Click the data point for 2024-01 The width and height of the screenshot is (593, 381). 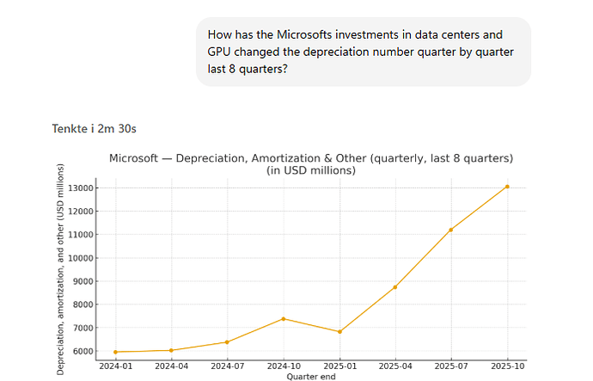pyautogui.click(x=115, y=352)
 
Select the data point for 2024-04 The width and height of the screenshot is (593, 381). pyautogui.click(x=171, y=350)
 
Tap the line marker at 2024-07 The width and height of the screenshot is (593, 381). pyautogui.click(x=227, y=342)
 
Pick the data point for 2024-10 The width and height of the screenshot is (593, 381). pyautogui.click(x=284, y=319)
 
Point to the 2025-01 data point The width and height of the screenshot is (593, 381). pyautogui.click(x=339, y=332)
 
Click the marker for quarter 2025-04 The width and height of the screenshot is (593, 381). pyautogui.click(x=395, y=287)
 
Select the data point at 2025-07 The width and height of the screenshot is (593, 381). pyautogui.click(x=451, y=230)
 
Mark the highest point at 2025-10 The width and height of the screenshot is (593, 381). pyautogui.click(x=507, y=187)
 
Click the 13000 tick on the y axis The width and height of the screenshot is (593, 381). pyautogui.click(x=83, y=187)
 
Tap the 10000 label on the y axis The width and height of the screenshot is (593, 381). pyautogui.click(x=83, y=258)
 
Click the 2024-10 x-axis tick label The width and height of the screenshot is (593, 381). pyautogui.click(x=284, y=366)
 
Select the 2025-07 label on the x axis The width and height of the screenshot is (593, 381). pyautogui.click(x=451, y=366)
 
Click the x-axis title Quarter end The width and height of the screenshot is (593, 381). pyautogui.click(x=310, y=376)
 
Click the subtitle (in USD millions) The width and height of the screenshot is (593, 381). pyautogui.click(x=310, y=170)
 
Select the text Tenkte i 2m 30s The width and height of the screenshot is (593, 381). pyautogui.click(x=95, y=128)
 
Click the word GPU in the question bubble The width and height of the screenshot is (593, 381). pyautogui.click(x=221, y=52)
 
